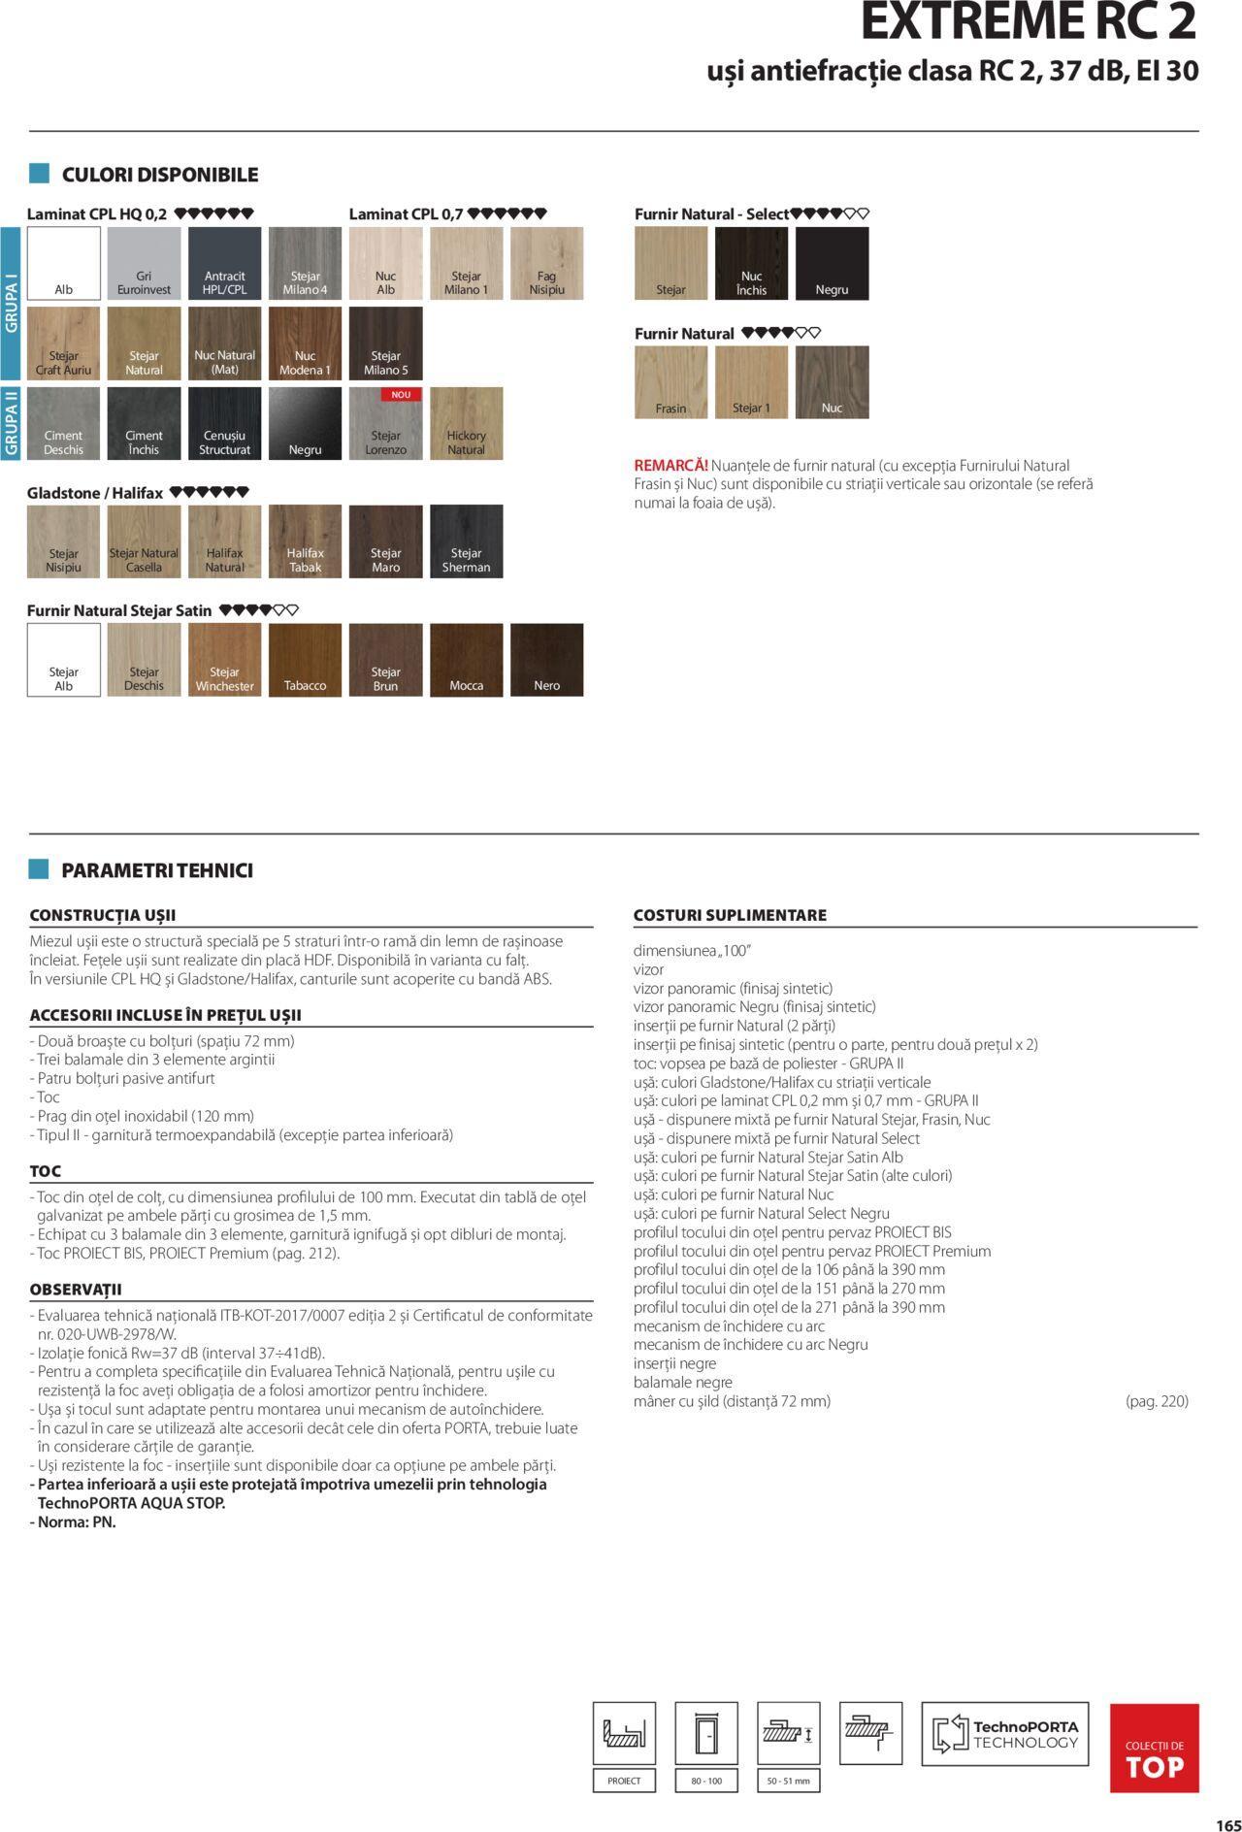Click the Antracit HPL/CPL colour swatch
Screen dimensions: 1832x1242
click(x=224, y=263)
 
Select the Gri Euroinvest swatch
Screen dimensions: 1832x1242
click(x=144, y=263)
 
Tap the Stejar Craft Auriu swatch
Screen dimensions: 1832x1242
click(x=63, y=343)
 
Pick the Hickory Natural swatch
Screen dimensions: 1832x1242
click(x=466, y=423)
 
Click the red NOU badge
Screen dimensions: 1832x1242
click(x=401, y=395)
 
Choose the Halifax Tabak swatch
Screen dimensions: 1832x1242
click(x=305, y=541)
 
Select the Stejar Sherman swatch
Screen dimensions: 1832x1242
click(x=466, y=541)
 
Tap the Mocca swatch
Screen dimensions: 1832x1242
click(x=466, y=660)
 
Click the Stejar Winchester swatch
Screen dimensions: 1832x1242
click(x=224, y=660)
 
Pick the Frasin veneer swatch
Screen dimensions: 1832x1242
click(x=670, y=382)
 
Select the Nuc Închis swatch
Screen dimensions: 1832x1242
click(x=751, y=263)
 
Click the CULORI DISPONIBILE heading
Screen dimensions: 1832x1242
click(x=160, y=175)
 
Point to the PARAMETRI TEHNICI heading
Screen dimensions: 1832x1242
click(x=156, y=870)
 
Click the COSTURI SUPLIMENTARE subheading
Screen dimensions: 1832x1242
click(x=730, y=915)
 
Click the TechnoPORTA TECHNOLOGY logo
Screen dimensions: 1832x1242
click(x=1004, y=1734)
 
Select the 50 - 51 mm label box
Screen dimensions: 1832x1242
click(x=788, y=1781)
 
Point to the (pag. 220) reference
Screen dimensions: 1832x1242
click(x=1157, y=1401)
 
